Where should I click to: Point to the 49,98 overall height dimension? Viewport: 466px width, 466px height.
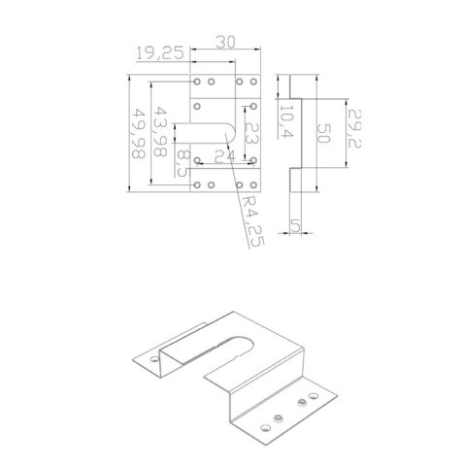pyautogui.click(x=139, y=133)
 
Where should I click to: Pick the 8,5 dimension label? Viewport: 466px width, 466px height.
pyautogui.click(x=183, y=160)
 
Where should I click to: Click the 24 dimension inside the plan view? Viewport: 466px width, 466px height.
pyautogui.click(x=224, y=155)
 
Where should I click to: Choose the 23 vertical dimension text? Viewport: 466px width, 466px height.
pyautogui.click(x=250, y=139)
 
